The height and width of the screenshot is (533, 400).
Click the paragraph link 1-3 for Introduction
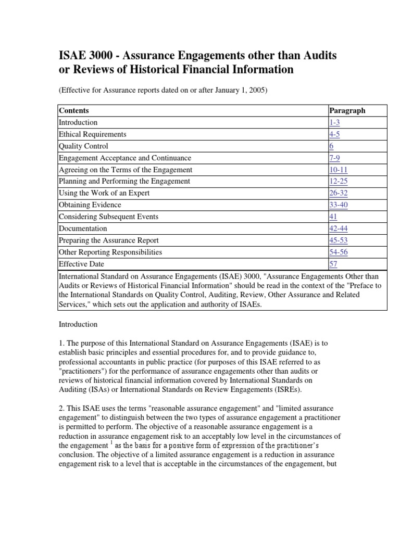click(335, 122)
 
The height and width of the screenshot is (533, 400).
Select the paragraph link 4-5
click(335, 134)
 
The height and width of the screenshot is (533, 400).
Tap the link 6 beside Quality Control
click(331, 146)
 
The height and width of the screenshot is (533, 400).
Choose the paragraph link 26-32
click(339, 193)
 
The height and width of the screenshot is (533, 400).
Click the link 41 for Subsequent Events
click(333, 217)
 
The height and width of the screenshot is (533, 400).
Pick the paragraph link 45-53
click(339, 240)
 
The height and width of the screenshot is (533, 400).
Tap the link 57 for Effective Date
click(333, 264)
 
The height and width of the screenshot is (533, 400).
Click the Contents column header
click(74, 110)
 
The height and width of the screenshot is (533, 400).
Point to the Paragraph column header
click(347, 110)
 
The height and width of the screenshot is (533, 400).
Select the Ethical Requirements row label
click(92, 134)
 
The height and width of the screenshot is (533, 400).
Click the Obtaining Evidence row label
click(90, 205)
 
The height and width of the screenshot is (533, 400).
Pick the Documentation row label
click(83, 229)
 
